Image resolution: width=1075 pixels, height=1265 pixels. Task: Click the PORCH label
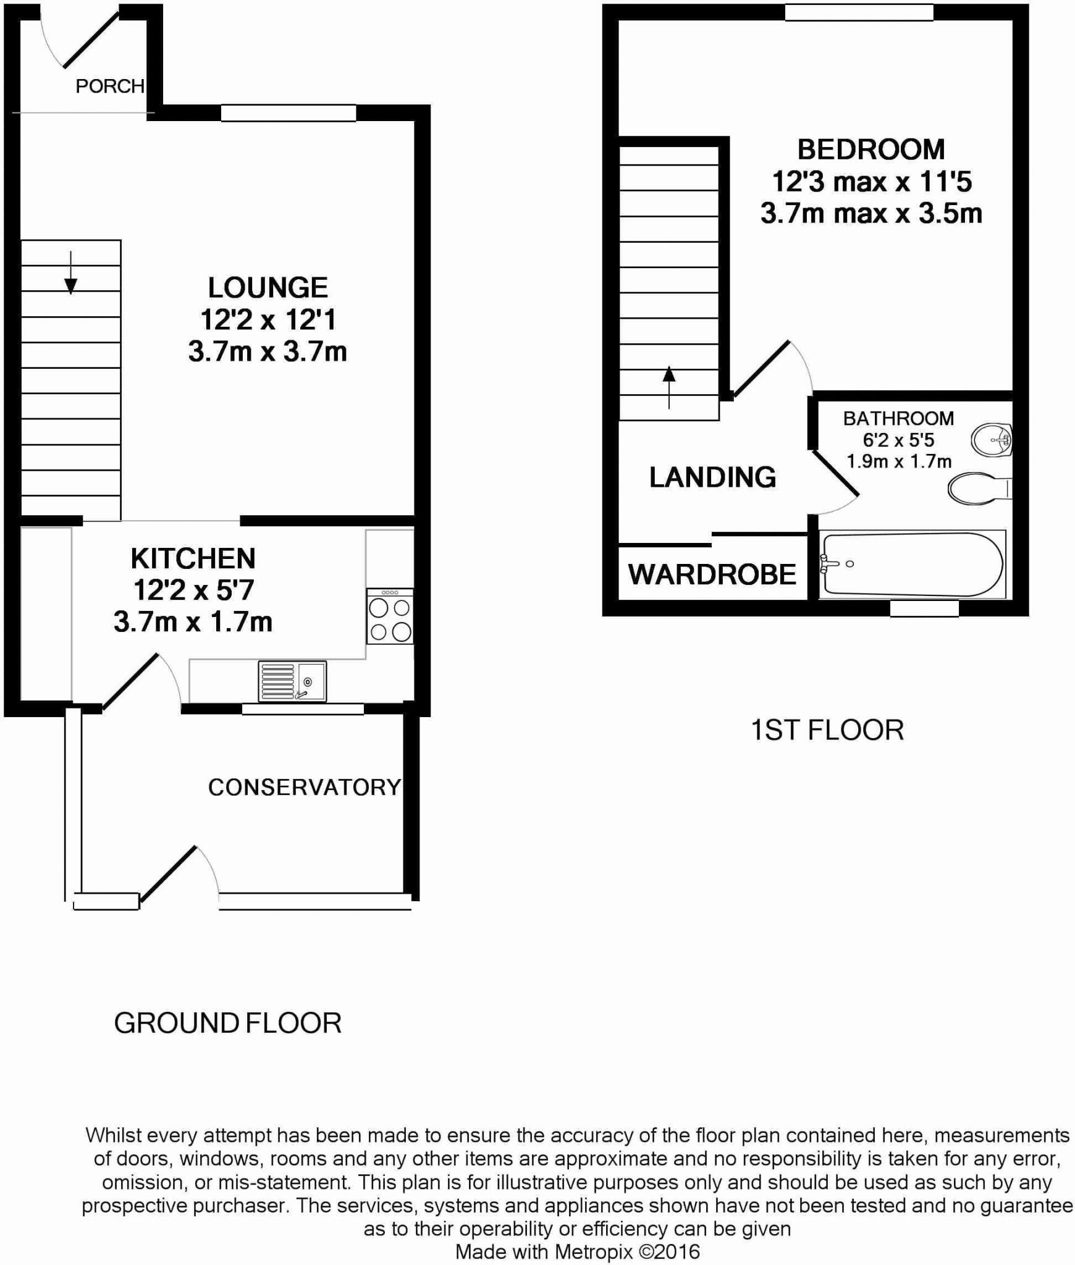(110, 86)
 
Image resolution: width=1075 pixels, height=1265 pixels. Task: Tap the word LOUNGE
(268, 288)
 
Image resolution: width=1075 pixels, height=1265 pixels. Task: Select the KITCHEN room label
(193, 558)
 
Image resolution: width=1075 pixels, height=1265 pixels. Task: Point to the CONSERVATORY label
(305, 787)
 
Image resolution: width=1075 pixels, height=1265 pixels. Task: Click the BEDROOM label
(871, 149)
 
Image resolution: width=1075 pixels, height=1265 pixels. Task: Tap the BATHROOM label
(898, 419)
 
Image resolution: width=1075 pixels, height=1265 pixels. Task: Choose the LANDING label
(712, 477)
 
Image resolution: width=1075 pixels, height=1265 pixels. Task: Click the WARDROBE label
(712, 575)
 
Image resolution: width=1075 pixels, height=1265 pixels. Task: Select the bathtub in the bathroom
(911, 565)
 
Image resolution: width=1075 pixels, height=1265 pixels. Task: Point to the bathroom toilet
(976, 489)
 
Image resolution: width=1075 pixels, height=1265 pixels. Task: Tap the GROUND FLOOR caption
(227, 1023)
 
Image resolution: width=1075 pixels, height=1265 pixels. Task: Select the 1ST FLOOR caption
(827, 730)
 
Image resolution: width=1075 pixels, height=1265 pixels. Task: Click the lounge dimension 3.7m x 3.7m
(268, 352)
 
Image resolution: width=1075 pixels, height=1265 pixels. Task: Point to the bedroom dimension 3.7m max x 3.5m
(871, 214)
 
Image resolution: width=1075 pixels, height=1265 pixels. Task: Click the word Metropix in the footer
(593, 1251)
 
